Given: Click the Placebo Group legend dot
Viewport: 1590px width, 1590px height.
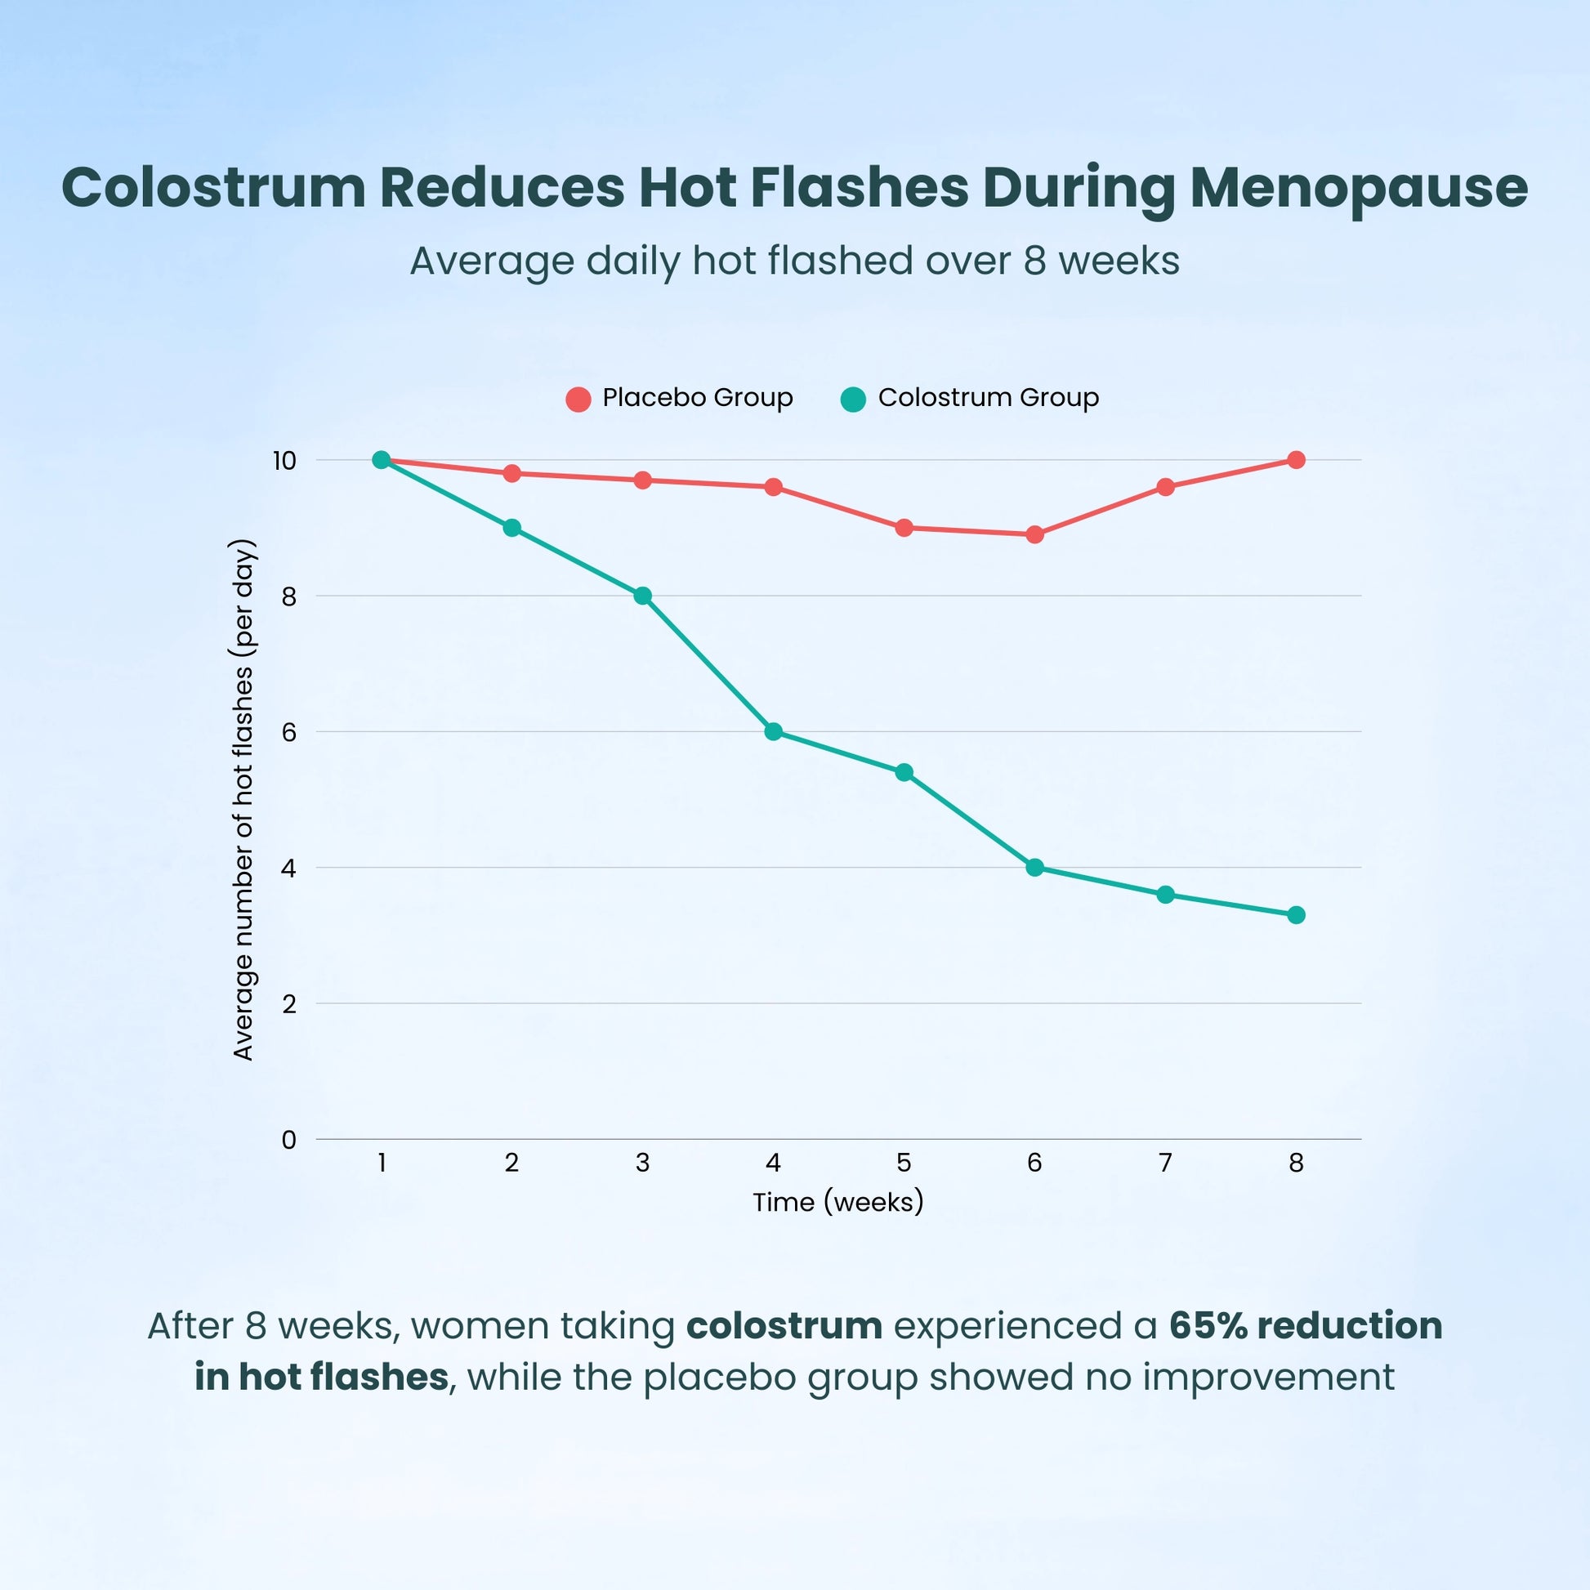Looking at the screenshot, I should point(578,400).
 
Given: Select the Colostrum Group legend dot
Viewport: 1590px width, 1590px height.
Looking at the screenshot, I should point(854,400).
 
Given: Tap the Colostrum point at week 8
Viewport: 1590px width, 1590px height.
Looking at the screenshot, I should point(1295,915).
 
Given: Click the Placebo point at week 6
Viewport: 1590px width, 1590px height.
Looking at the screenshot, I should point(1034,534).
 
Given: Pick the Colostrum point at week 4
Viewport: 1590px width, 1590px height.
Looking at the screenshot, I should point(773,731).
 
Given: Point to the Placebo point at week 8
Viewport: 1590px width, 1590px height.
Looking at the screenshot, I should point(1295,459).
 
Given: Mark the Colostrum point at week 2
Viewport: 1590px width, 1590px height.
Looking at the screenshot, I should point(511,528).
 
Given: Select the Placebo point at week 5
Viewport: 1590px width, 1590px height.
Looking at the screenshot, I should point(904,528).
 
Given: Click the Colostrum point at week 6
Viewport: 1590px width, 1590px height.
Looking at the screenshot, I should point(1034,868).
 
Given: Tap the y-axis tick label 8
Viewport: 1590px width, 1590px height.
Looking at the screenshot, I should point(288,596).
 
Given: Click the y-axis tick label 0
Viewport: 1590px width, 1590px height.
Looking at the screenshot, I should point(288,1140).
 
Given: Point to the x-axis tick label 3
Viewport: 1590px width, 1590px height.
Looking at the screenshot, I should point(642,1163).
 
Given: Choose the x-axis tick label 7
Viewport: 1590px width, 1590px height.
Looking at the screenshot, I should point(1164,1163).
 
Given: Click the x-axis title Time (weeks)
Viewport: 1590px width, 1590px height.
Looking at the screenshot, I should point(837,1203).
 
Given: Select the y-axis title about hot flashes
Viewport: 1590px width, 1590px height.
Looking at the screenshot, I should point(243,799).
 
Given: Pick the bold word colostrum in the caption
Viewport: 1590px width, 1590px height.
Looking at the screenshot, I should point(784,1326).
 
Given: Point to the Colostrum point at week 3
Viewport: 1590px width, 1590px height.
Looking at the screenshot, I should point(642,595).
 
